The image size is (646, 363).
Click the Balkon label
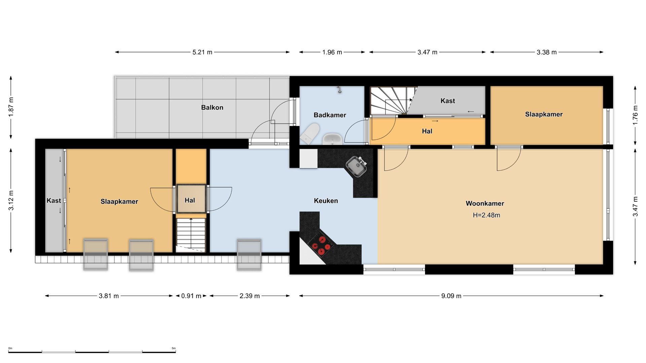[212, 108]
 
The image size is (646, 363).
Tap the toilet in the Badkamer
[310, 133]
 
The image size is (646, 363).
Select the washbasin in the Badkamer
[332, 139]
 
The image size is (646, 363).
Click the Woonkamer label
[485, 203]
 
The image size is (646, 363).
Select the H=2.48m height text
[486, 215]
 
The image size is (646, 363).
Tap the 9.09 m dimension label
[451, 296]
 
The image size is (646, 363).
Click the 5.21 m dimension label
[202, 52]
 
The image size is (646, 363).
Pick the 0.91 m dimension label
[191, 296]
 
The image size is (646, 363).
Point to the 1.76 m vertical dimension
[635, 115]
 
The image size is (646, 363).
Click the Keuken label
[326, 201]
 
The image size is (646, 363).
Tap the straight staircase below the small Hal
[191, 235]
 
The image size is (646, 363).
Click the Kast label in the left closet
[54, 201]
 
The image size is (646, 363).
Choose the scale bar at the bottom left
[92, 351]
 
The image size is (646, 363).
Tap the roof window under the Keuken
[249, 254]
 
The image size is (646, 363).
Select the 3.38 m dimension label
[546, 52]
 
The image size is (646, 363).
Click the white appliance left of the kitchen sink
[309, 158]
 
